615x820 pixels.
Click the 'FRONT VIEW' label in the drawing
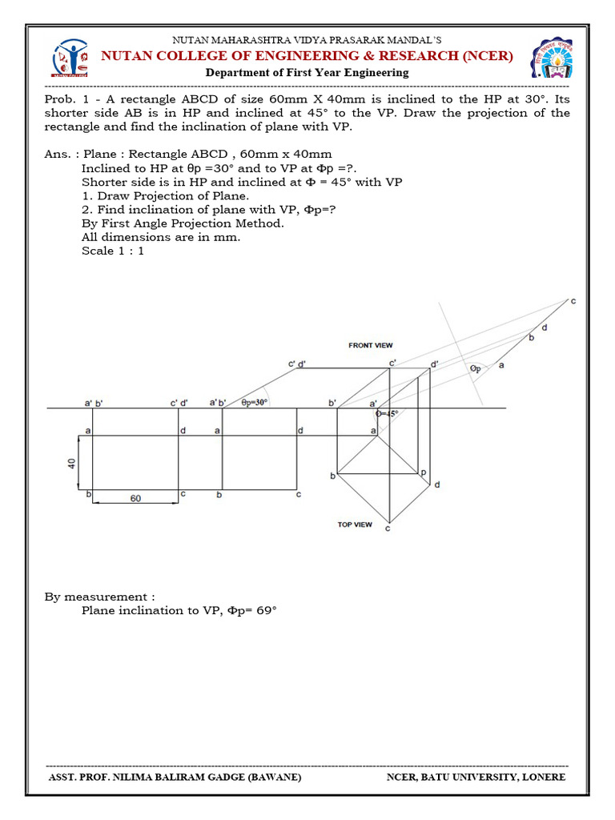(371, 345)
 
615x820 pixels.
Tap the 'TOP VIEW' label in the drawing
(355, 525)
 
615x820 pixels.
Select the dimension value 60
(135, 498)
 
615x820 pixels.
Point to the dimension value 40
(71, 463)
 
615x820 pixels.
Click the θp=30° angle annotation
(255, 403)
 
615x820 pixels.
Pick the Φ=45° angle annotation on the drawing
(388, 414)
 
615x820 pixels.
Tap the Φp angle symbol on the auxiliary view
(476, 368)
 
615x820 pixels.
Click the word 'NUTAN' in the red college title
(127, 56)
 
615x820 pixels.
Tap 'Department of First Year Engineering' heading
(307, 72)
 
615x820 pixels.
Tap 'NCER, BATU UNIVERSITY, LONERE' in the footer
(476, 777)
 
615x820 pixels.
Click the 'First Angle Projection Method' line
(183, 223)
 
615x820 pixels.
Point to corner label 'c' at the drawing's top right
(573, 301)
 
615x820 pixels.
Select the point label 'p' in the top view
(423, 472)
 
